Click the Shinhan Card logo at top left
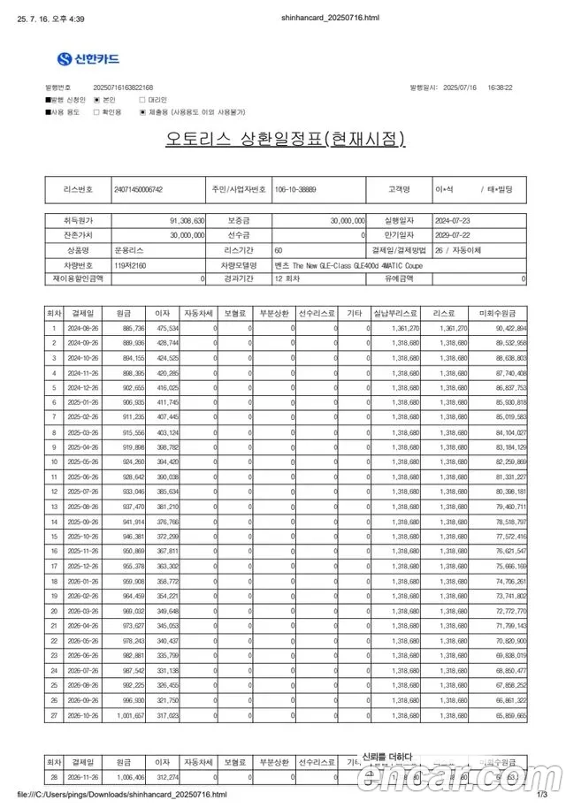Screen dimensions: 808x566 point(88,59)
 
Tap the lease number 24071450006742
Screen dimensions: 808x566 point(139,189)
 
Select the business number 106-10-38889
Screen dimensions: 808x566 point(294,189)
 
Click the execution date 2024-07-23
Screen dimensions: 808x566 point(453,220)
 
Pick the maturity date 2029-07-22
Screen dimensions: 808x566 point(453,235)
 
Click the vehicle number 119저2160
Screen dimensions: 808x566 point(128,264)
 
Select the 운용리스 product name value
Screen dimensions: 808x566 point(127,250)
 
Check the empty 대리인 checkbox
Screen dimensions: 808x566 point(141,101)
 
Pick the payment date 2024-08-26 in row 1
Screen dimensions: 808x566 point(82,328)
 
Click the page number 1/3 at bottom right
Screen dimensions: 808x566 point(542,795)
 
